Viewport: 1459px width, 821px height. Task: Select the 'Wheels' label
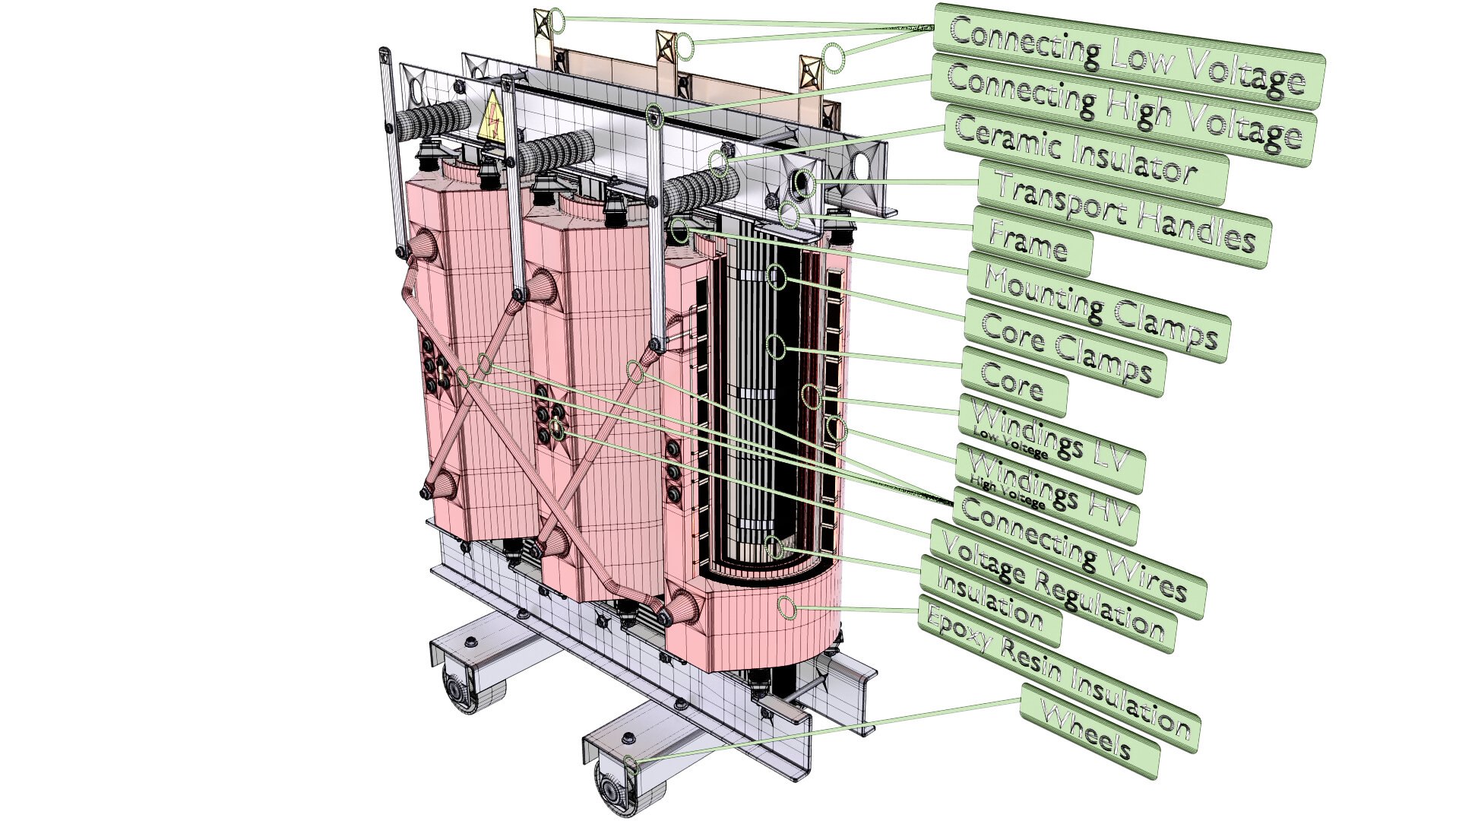point(1089,731)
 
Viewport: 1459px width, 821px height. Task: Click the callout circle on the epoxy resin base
point(788,607)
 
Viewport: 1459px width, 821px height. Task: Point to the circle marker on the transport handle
point(805,183)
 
